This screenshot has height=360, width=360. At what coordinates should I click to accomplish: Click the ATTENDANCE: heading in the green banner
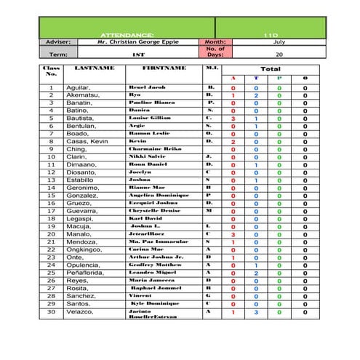[127, 34]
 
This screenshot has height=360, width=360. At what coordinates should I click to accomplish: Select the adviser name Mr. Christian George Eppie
[137, 42]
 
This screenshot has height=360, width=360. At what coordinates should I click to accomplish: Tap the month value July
[279, 42]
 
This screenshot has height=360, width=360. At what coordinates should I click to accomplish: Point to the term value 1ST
[138, 54]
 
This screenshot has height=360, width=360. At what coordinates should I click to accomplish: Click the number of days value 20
[279, 54]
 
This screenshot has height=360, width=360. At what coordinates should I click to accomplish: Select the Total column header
[271, 69]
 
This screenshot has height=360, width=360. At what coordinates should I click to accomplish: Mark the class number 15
[51, 195]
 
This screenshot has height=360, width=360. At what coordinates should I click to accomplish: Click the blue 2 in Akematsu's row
[255, 95]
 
